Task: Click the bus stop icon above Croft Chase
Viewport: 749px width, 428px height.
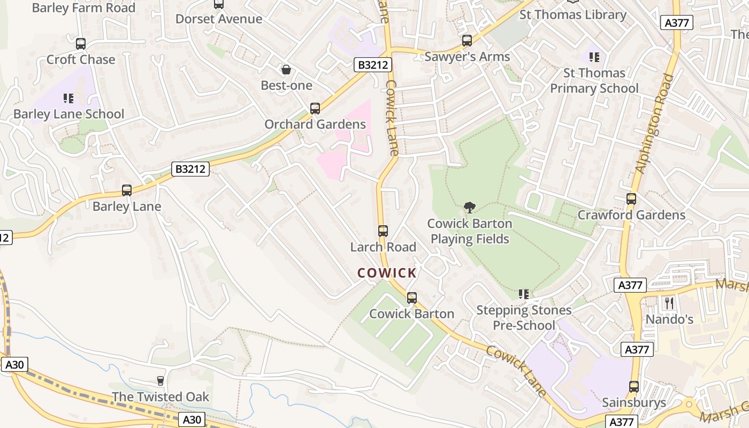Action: coord(81,44)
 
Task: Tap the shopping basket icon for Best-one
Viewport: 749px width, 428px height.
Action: coord(286,70)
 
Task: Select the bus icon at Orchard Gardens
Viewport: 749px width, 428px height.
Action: coord(315,109)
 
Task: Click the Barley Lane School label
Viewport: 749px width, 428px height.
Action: coord(68,114)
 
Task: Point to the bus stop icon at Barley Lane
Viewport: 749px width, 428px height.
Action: coord(127,190)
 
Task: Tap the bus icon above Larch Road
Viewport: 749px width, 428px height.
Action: coord(383,231)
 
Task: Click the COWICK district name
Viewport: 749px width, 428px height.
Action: coord(387,273)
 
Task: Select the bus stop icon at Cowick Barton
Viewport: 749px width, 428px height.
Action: coord(412,298)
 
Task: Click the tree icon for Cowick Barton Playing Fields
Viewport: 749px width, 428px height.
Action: coord(470,208)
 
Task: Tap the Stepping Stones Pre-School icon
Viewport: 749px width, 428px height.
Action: coord(524,294)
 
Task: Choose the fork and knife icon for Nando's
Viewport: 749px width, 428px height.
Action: coord(669,303)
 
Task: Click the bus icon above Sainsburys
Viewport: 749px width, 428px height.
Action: coord(634,386)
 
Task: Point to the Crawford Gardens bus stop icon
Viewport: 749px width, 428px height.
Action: coord(631,199)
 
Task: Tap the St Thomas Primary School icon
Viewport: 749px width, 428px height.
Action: coord(594,57)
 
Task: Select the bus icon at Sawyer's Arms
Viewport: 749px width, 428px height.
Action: coord(467,41)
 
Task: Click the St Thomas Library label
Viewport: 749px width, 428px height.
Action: coord(573,15)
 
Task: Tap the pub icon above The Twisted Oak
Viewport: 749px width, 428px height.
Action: coord(160,381)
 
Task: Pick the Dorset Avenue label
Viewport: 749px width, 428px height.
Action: coord(219,19)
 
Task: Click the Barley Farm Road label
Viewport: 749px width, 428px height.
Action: coord(83,8)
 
